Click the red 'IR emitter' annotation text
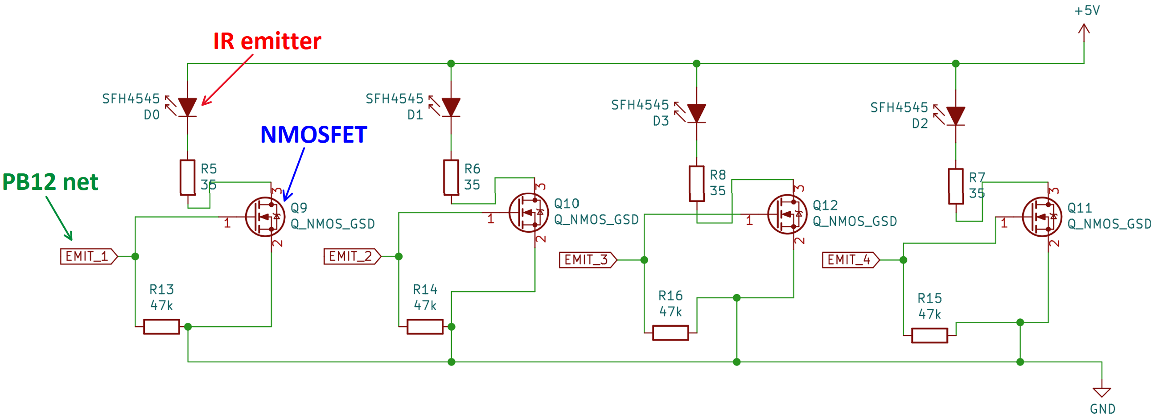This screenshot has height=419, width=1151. coord(267,41)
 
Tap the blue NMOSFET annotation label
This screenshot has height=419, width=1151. coord(314,135)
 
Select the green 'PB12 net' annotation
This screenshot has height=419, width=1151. coord(50,182)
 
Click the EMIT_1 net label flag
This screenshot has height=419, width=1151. coord(89,256)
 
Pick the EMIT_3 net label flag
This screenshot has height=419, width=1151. coord(588,259)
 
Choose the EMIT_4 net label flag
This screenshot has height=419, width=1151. coord(851,259)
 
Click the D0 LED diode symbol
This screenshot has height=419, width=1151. coord(187,107)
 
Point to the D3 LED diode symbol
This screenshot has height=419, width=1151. coord(696,113)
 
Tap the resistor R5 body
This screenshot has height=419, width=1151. coord(187,177)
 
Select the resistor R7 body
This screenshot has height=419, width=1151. coord(955,186)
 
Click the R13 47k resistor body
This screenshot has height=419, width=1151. coord(161,327)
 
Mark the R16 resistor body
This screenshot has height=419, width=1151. coord(670,333)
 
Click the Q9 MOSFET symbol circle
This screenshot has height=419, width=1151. coord(265,217)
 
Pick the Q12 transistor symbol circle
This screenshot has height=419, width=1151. coord(787,214)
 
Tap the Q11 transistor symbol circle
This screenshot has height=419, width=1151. coord(1042,217)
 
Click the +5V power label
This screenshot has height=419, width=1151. coord(1087,11)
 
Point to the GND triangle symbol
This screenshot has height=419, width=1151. coord(1102,392)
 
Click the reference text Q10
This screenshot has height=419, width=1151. coord(567,204)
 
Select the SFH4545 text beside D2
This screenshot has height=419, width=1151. coord(899,108)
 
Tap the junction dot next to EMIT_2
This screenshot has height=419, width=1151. coord(399,256)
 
